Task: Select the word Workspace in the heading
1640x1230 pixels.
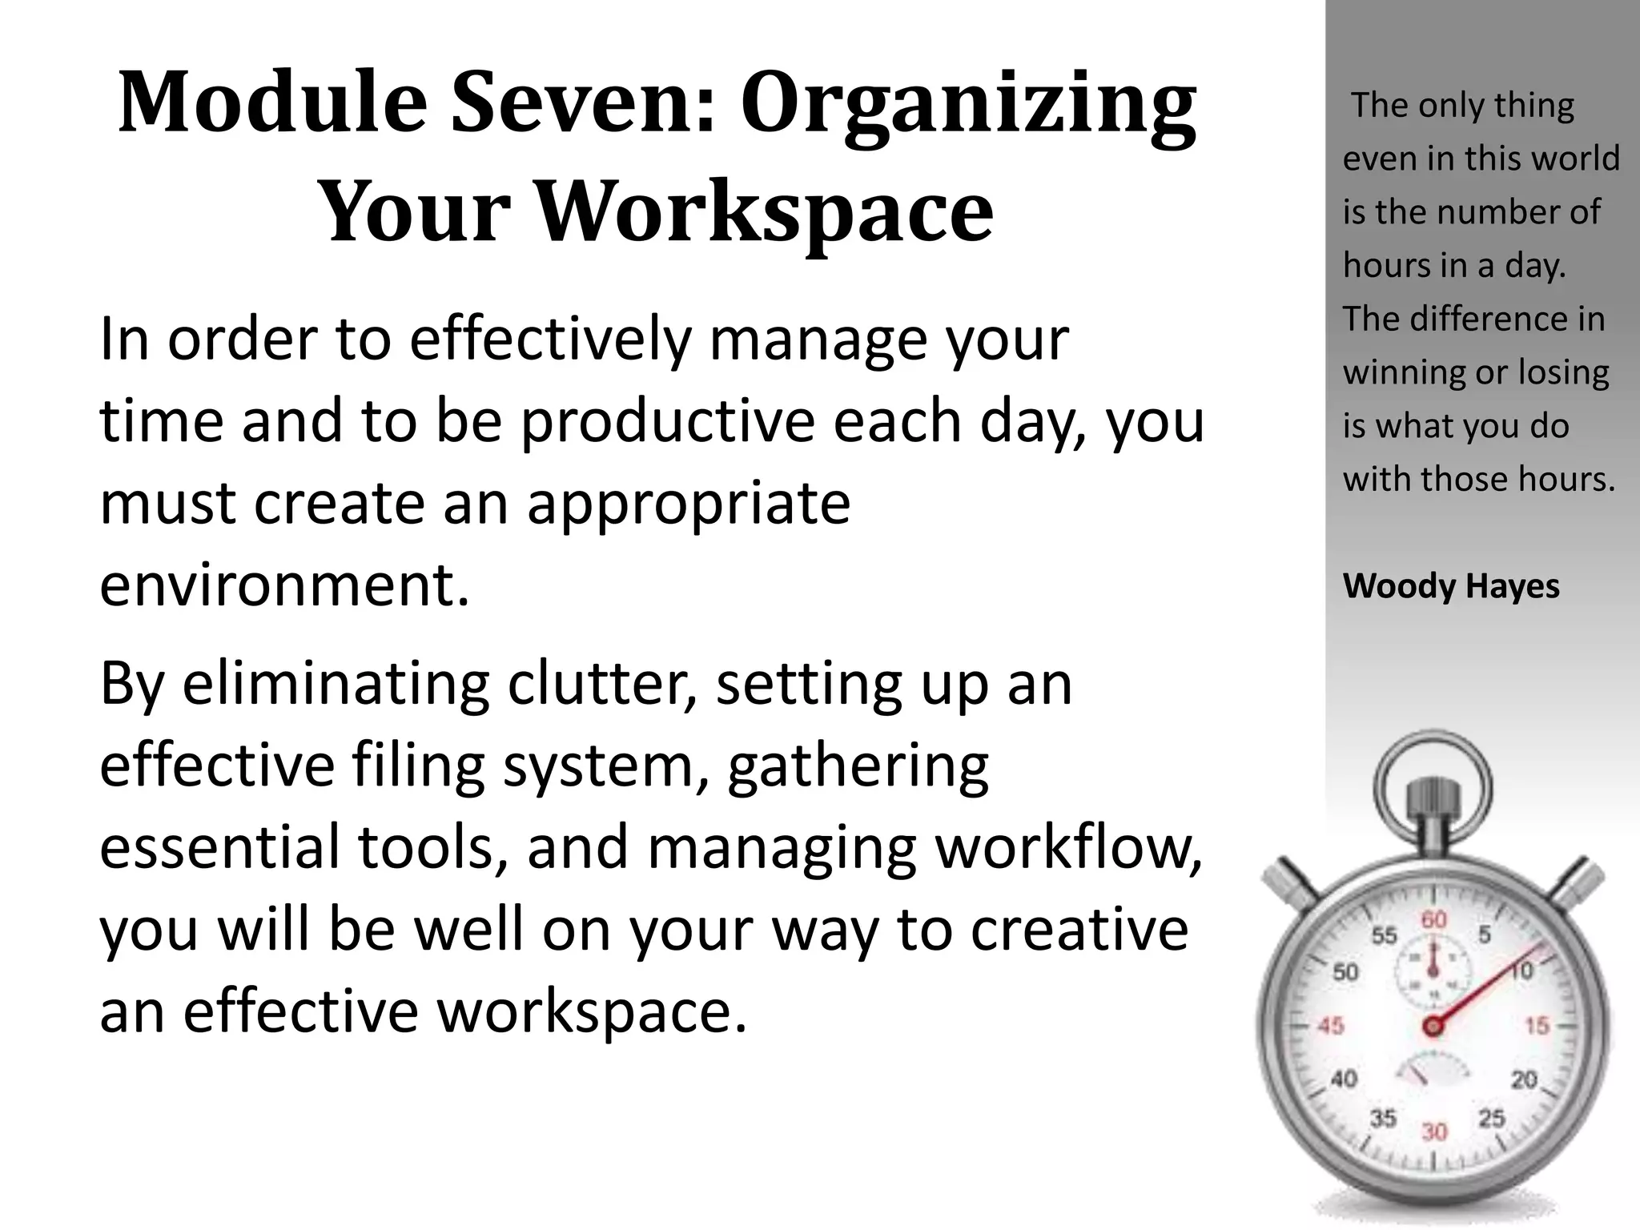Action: click(764, 211)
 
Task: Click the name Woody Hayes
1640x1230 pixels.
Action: click(1451, 586)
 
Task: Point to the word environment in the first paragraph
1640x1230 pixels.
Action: click(284, 585)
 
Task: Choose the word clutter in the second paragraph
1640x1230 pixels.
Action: click(601, 685)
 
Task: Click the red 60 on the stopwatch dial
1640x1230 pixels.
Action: click(1433, 920)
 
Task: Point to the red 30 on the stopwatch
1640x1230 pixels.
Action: click(1434, 1132)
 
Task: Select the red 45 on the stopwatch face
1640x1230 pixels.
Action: click(1330, 1026)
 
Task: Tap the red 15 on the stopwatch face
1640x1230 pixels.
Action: click(1537, 1026)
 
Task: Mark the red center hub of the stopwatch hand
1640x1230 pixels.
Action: click(1433, 1026)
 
